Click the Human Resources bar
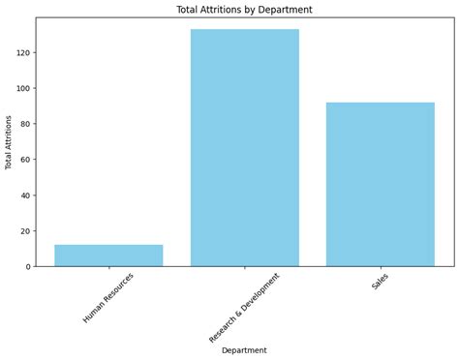coord(108,255)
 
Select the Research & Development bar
coord(244,147)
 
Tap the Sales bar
coord(380,184)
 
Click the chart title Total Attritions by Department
coord(244,10)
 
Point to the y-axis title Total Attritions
coord(10,142)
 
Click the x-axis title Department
coord(244,349)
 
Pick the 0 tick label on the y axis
coord(27,266)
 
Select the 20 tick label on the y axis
coord(24,230)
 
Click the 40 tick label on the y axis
coord(24,195)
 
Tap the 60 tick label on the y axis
coord(24,159)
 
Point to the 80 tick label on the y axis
coord(24,124)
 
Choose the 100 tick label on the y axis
coord(22,88)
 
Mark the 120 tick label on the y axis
coord(22,52)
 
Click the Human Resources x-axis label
coord(109,297)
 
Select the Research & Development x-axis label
coord(244,307)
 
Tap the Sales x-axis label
coord(381,281)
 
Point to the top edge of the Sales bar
coord(380,103)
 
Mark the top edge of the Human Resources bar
coord(108,245)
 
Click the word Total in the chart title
coord(189,10)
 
